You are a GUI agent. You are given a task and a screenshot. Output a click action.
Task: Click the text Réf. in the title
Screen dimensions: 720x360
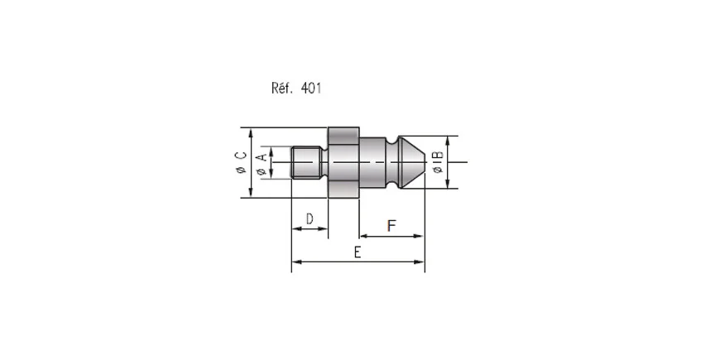pyautogui.click(x=282, y=88)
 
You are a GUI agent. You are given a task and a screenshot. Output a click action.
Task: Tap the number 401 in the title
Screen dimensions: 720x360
pyautogui.click(x=311, y=88)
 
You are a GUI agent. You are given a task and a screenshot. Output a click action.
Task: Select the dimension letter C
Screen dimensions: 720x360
pyautogui.click(x=241, y=156)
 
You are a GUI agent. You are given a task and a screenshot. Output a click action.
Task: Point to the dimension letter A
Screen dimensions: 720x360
pyautogui.click(x=261, y=158)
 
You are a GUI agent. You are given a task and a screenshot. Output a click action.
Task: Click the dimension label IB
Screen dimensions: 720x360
pyautogui.click(x=438, y=156)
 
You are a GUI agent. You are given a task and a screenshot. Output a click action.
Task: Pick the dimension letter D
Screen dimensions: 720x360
pyautogui.click(x=310, y=219)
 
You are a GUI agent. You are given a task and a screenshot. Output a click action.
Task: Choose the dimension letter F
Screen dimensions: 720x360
pyautogui.click(x=391, y=226)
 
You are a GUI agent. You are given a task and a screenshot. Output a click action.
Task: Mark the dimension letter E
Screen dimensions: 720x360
pyautogui.click(x=358, y=252)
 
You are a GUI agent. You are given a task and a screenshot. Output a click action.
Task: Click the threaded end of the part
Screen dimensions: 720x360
pyautogui.click(x=307, y=162)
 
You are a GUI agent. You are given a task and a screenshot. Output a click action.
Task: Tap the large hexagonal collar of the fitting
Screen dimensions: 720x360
pyautogui.click(x=343, y=162)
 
